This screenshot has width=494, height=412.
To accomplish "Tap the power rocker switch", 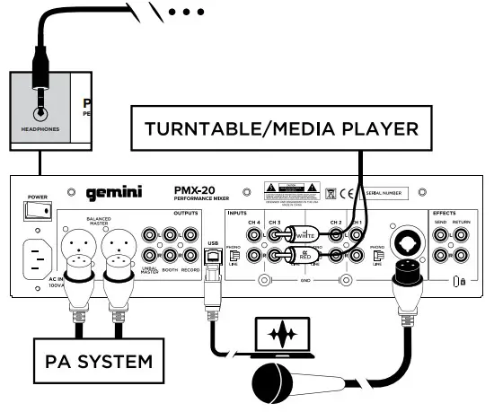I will [x=37, y=209].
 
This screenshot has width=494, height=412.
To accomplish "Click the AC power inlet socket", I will [x=37, y=261].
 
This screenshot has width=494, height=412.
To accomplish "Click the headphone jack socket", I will [x=40, y=114].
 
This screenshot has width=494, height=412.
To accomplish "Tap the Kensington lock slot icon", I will [x=459, y=282].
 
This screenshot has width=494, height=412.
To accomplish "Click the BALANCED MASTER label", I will [x=103, y=221].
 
